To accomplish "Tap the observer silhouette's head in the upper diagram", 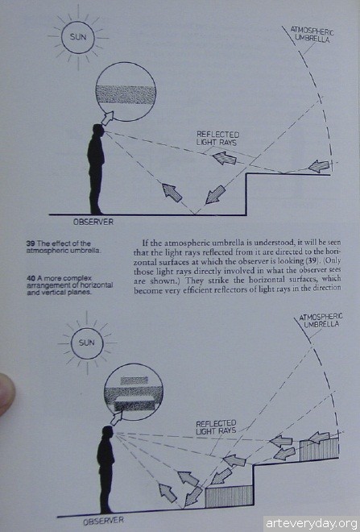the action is tap(98, 131).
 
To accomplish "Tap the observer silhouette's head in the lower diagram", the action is tap(108, 433).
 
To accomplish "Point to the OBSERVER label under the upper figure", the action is tap(93, 222).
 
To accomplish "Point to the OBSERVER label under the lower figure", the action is tap(103, 521).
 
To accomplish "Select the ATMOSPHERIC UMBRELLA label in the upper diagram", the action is tap(312, 34).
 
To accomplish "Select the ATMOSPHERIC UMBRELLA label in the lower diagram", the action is tap(321, 320).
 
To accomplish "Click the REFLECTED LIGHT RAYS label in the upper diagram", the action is tap(217, 139).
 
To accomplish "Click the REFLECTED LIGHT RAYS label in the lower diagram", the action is tap(216, 427).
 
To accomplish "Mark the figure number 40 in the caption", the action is tap(31, 278).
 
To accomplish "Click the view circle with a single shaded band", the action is tap(126, 92).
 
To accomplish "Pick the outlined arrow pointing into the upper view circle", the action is tap(108, 118).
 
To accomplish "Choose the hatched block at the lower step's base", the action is tap(230, 496).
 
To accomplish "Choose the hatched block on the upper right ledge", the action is tap(319, 449).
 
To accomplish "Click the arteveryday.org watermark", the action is tap(311, 523).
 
